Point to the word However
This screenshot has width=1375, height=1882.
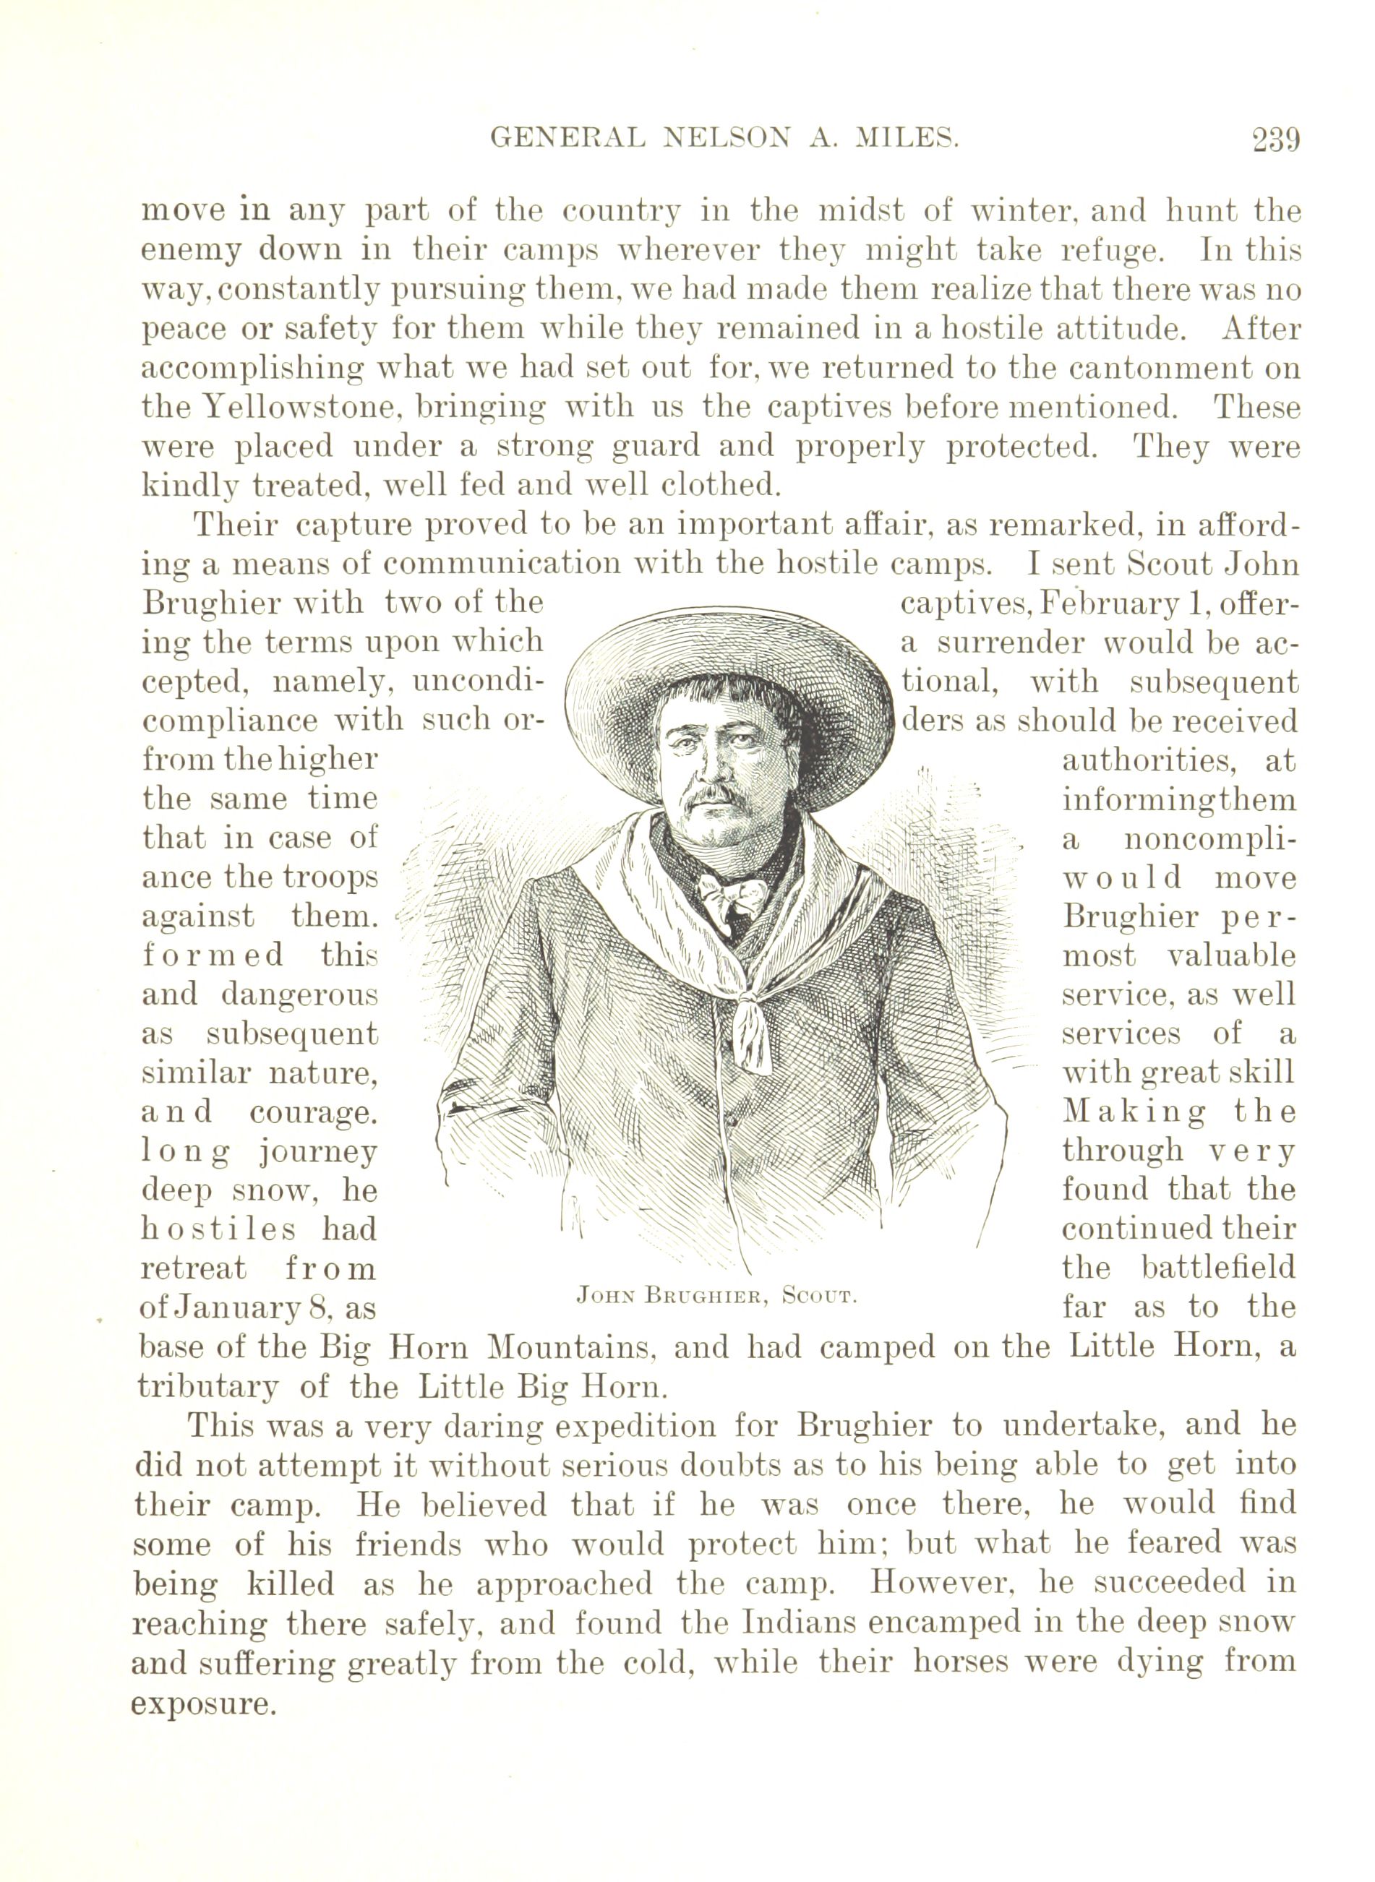934,1584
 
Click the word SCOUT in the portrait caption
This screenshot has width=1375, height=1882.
821,1295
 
